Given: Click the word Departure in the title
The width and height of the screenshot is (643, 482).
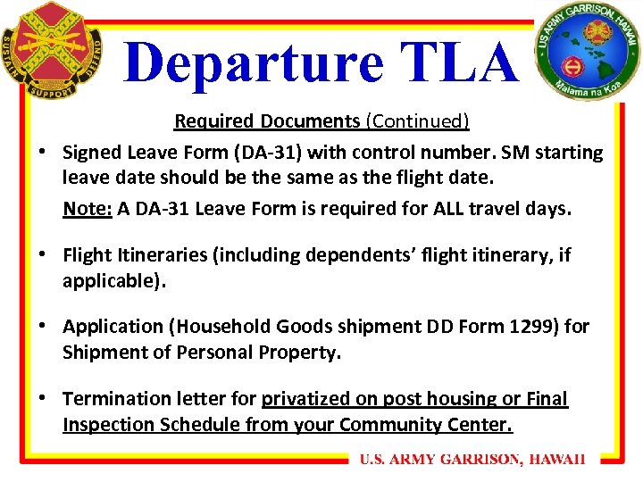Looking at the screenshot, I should pyautogui.click(x=255, y=62).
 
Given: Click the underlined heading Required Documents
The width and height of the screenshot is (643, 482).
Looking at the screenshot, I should pyautogui.click(x=266, y=120).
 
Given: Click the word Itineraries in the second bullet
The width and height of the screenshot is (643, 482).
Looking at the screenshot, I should pyautogui.click(x=161, y=255).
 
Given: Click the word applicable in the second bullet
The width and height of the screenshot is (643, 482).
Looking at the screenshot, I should pyautogui.click(x=113, y=281).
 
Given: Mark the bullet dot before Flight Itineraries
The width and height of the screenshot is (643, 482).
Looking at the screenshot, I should pyautogui.click(x=42, y=256).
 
